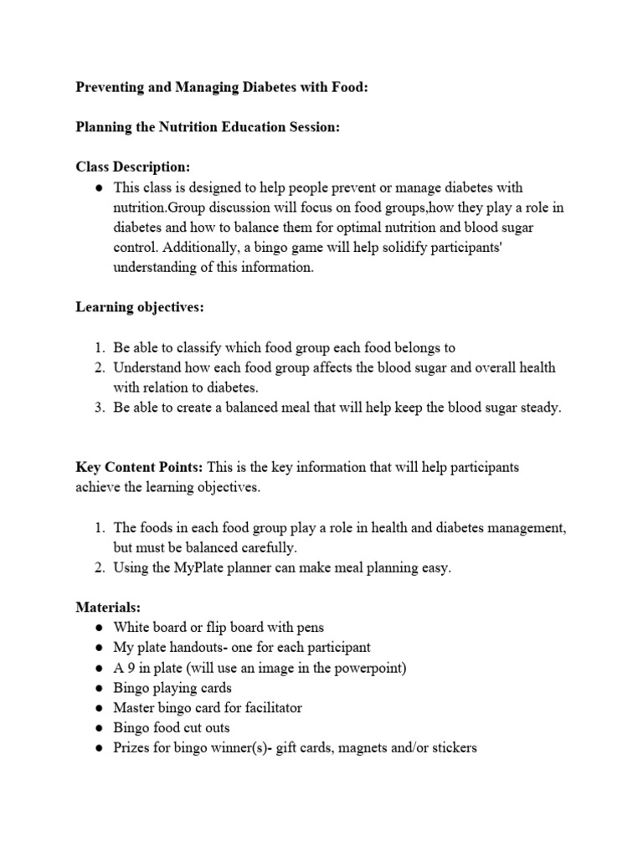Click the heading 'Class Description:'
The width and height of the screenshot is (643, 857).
click(132, 168)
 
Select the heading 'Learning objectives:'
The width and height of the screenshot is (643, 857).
click(140, 307)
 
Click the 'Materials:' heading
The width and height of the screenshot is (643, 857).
click(107, 606)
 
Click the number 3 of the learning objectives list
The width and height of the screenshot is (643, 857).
click(98, 408)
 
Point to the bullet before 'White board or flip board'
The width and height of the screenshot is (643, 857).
click(98, 627)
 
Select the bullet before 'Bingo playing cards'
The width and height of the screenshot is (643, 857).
click(98, 687)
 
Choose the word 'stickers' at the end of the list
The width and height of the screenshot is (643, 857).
click(451, 747)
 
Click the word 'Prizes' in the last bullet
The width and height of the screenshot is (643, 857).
click(132, 747)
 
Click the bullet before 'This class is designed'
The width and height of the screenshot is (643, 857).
click(98, 187)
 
